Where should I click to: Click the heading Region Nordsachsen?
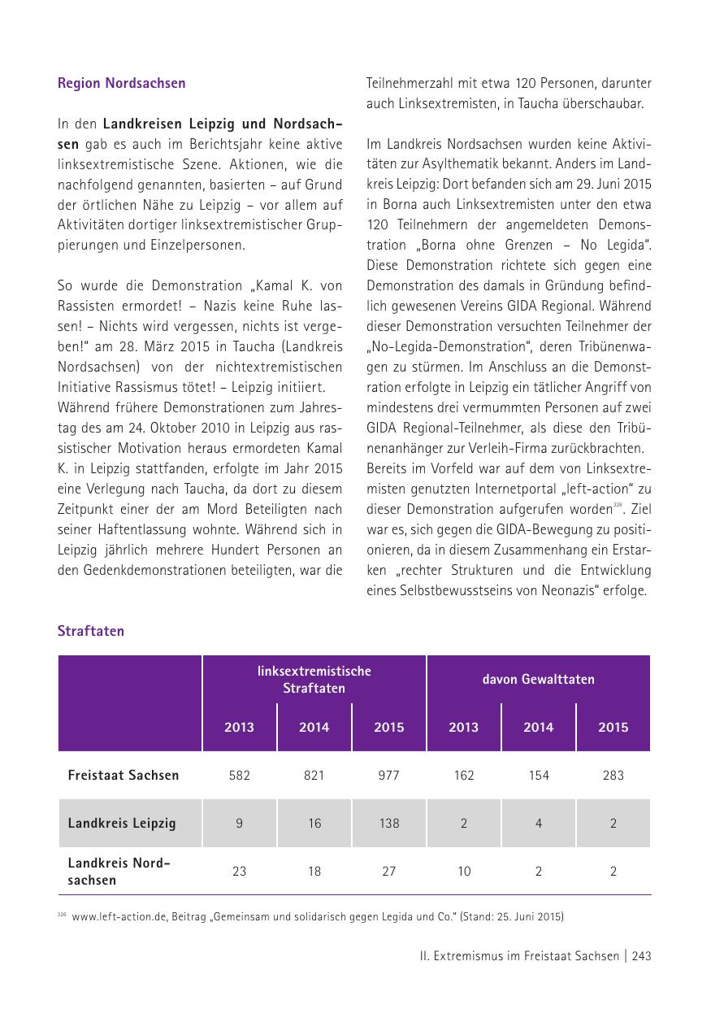[121, 83]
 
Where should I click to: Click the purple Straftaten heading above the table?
[90, 631]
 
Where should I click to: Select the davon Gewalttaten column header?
[538, 679]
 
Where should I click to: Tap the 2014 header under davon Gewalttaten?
[538, 727]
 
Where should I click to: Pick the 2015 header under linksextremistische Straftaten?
[388, 727]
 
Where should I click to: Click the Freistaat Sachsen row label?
[123, 775]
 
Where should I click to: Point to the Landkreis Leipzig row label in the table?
[122, 823]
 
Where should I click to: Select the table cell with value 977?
[388, 775]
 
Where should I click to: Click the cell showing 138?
[388, 823]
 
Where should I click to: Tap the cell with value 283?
[613, 775]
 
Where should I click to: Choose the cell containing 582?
[239, 775]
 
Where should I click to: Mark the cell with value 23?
[239, 871]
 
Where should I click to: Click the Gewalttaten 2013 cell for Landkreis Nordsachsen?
[463, 871]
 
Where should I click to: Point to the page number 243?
[641, 956]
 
